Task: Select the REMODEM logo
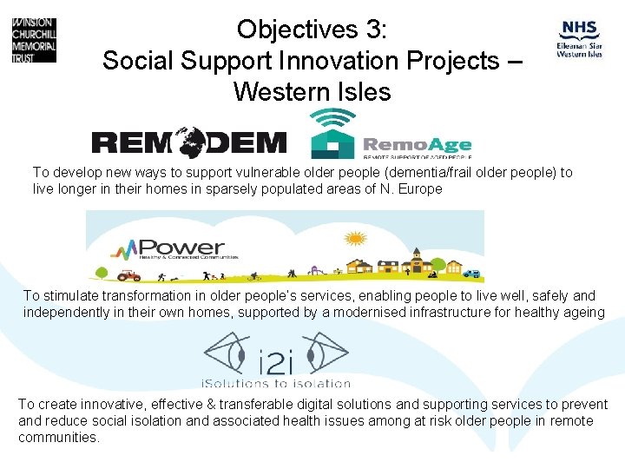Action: point(189,142)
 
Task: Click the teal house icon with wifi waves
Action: point(333,135)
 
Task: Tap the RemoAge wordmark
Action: point(417,145)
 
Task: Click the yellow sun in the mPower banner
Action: point(355,237)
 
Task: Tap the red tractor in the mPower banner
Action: point(129,275)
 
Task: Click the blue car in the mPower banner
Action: point(471,274)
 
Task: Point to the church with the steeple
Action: point(418,261)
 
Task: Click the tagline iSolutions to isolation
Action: point(276,383)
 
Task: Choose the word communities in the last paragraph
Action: point(56,437)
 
